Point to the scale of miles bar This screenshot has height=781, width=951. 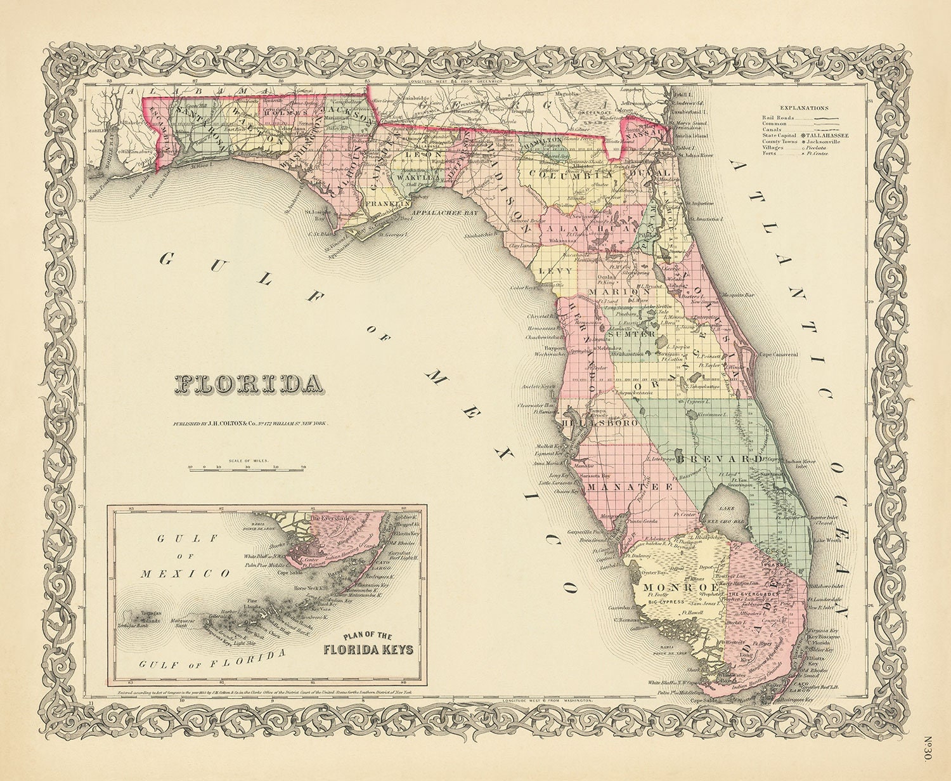coord(247,469)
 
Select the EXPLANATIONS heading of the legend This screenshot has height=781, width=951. coord(804,108)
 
